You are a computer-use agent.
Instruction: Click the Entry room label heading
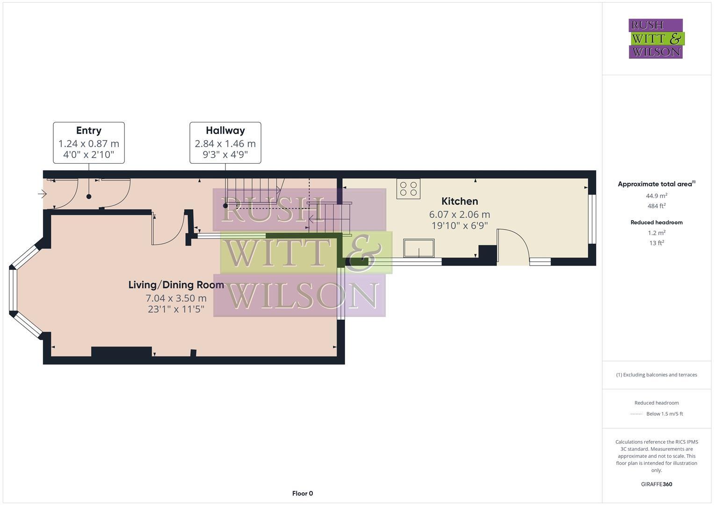88,130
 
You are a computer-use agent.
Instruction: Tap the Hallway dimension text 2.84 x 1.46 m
225,144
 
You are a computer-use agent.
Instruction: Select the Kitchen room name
460,201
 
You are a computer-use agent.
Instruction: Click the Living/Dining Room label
176,285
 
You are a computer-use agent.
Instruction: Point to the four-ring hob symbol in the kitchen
408,188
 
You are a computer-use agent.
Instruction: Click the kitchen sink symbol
419,248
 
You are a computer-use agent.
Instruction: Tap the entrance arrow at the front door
42,194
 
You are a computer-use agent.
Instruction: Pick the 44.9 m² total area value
656,196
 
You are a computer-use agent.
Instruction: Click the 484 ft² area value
656,206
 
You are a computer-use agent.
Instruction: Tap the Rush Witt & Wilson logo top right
656,38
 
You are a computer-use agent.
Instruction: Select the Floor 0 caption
302,493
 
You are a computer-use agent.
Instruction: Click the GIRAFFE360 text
656,484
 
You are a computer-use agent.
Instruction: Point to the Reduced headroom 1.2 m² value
656,233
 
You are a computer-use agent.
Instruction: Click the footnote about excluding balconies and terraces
656,375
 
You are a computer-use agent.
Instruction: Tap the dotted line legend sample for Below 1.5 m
637,414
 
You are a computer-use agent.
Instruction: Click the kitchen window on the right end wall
592,219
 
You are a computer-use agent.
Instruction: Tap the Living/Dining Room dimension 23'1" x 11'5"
176,309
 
